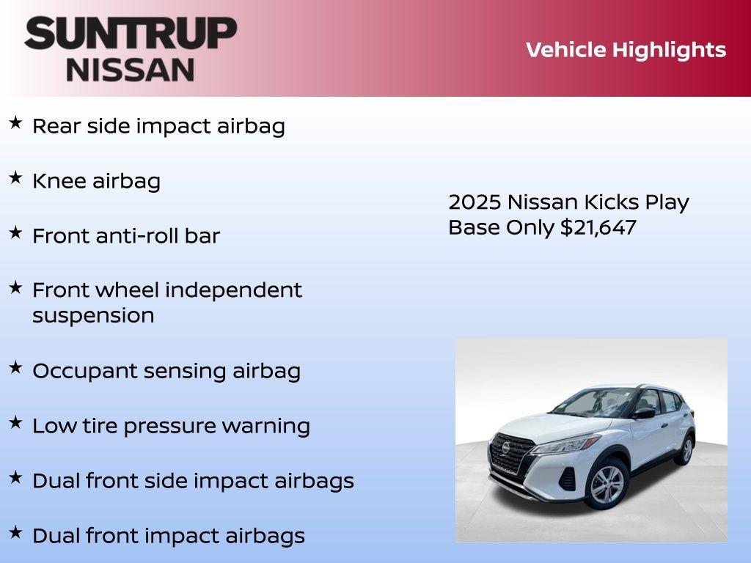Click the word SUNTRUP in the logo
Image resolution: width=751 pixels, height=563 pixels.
[131, 33]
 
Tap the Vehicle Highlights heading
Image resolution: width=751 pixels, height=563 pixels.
[626, 50]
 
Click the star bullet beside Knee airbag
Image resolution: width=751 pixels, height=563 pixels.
[15, 177]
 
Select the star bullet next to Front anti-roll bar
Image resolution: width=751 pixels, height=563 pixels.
[15, 232]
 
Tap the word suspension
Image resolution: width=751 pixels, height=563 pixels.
[93, 316]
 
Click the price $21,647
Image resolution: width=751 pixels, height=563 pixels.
[598, 227]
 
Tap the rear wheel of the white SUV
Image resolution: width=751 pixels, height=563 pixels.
[686, 449]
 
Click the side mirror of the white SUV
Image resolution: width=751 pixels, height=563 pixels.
[645, 413]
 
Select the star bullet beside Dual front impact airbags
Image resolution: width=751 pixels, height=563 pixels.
[15, 531]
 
